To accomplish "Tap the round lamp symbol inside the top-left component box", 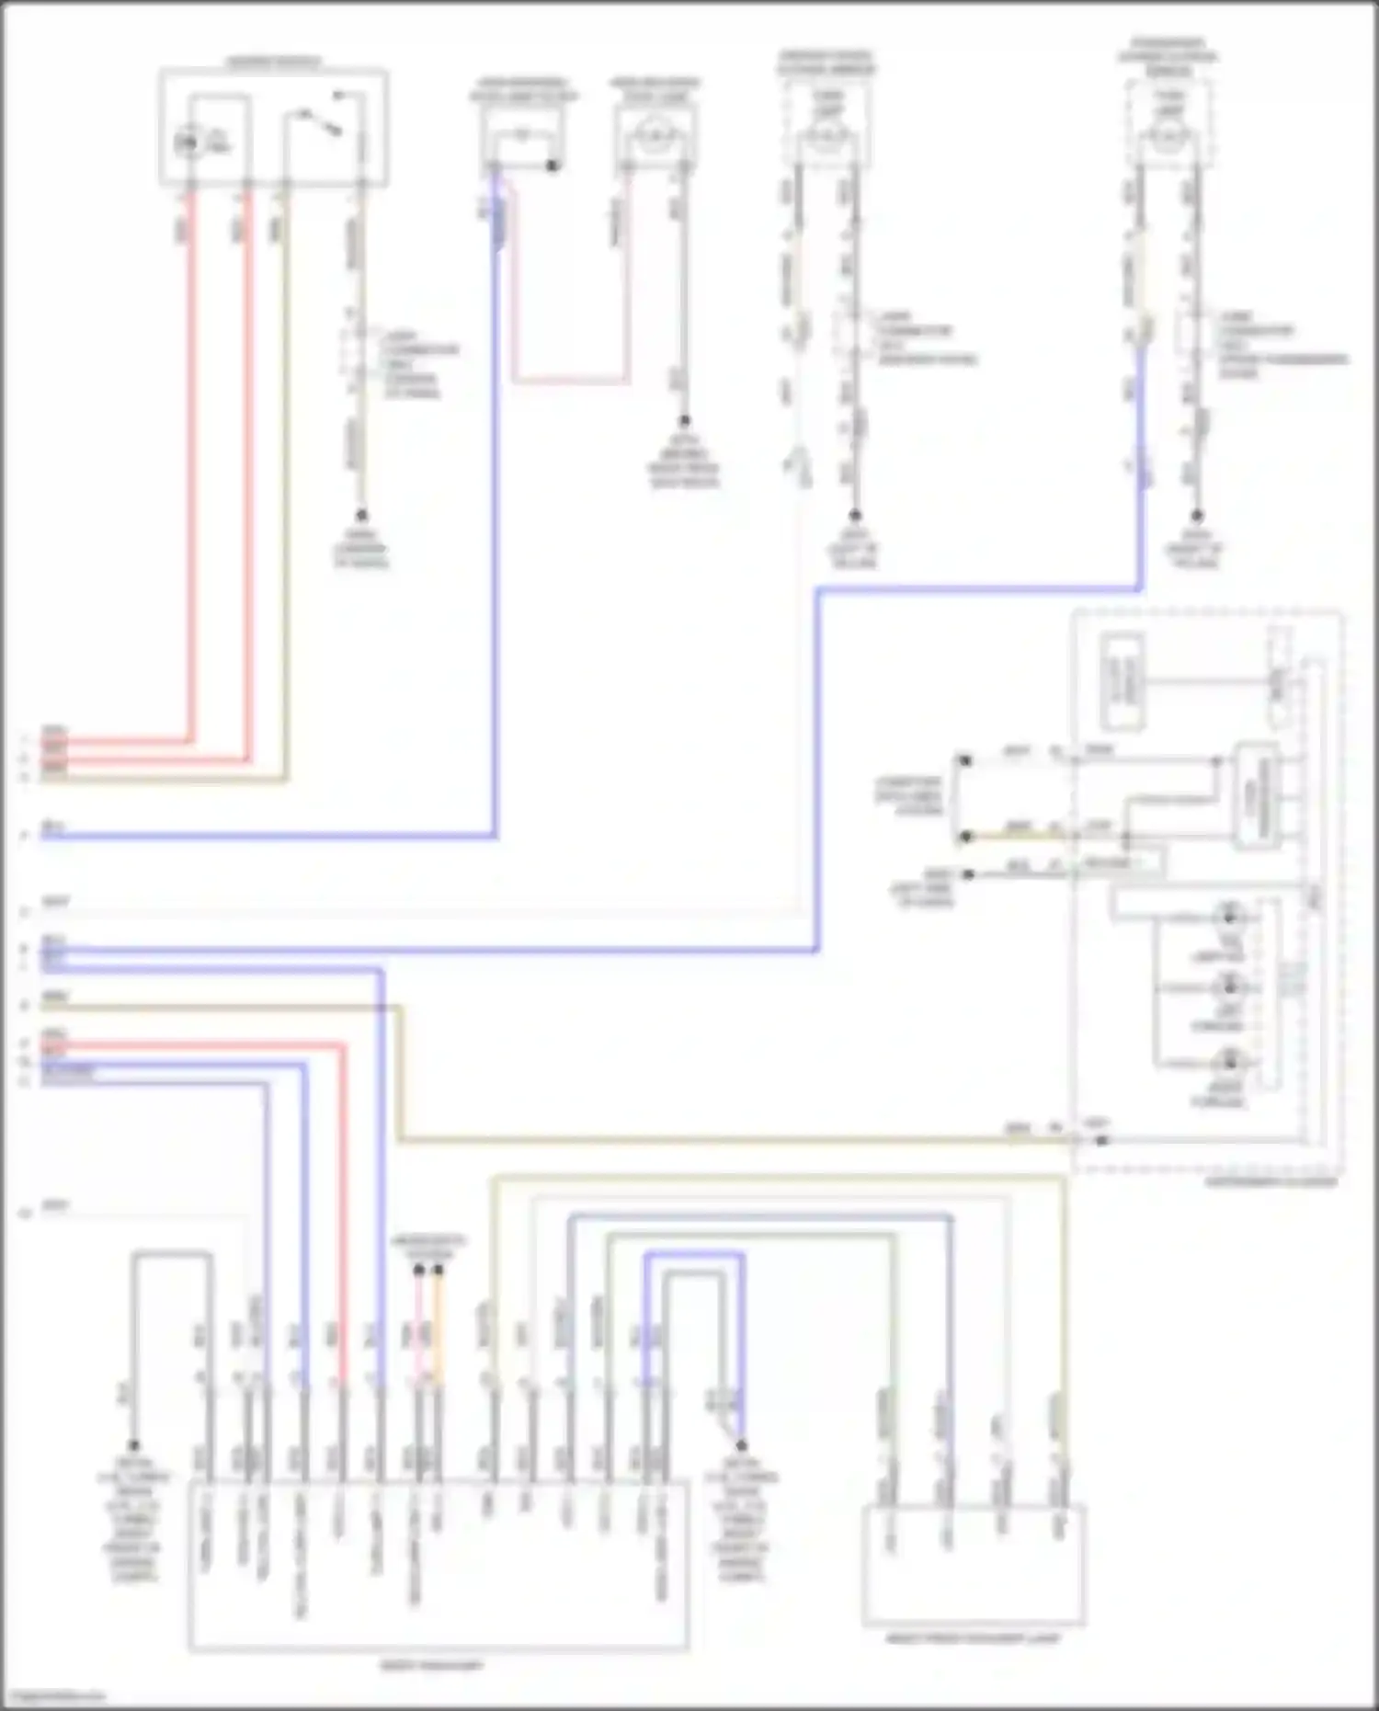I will tap(189, 143).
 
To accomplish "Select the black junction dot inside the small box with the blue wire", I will tap(553, 165).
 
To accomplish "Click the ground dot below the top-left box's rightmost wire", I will tap(361, 516).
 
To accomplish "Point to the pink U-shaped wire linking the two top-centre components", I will tap(570, 379).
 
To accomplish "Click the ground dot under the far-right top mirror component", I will tap(1197, 517).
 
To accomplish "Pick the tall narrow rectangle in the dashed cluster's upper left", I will tap(1123, 681).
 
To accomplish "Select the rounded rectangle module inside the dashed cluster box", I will tap(1258, 796).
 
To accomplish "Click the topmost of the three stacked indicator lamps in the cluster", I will tap(1229, 916).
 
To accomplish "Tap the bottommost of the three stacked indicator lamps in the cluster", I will tap(1229, 1062).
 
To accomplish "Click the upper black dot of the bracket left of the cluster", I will tap(964, 761).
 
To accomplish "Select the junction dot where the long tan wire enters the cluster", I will tap(1101, 1141).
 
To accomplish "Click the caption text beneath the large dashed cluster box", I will tap(1271, 1182).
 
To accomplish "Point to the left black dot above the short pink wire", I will tap(418, 1270).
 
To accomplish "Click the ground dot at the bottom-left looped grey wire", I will tap(133, 1445).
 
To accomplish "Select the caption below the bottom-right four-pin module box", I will tap(973, 1638).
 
